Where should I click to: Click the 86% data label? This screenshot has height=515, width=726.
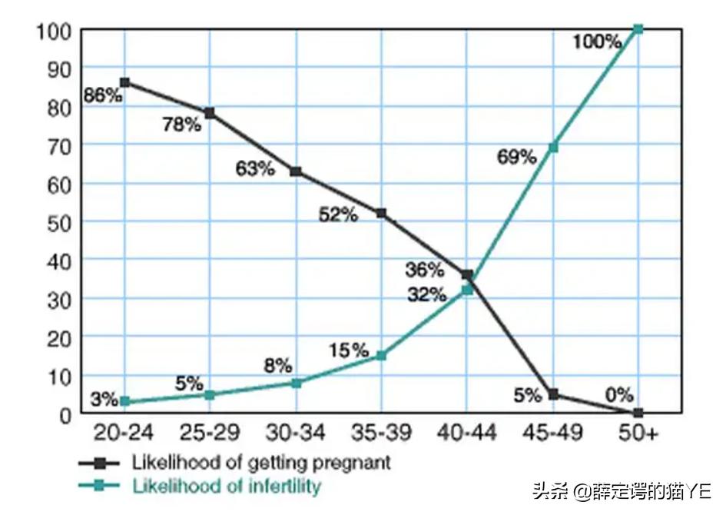103,95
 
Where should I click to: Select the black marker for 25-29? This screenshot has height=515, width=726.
210,113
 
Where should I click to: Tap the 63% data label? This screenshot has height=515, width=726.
255,169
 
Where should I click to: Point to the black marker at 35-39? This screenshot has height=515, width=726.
381,213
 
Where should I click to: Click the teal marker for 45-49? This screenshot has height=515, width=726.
553,147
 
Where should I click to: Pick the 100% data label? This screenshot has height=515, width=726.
596,41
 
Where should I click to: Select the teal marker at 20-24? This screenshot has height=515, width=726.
124,401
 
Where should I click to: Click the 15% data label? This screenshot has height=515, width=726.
350,351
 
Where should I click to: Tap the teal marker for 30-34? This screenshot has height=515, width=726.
296,382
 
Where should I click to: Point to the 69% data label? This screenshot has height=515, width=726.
516,157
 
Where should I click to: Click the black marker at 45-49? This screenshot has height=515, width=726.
553,394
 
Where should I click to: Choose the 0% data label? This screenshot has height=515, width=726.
618,395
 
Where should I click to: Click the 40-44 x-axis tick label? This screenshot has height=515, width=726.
467,434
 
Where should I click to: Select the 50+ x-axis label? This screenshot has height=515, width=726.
639,434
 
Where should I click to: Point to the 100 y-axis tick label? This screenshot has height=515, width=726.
55,31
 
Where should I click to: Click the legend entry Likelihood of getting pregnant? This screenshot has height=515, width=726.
261,463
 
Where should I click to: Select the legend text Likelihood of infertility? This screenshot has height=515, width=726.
227,486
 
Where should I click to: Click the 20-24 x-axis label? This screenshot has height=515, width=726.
124,434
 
